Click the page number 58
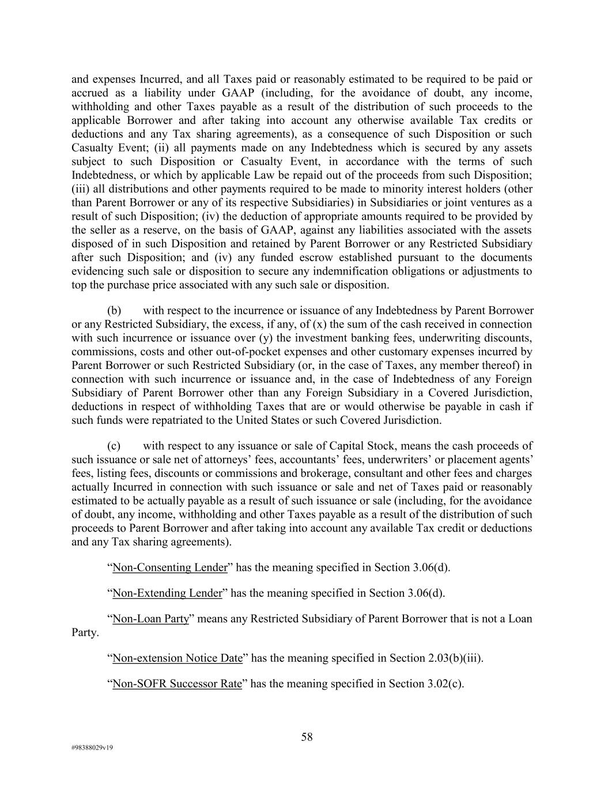pyautogui.click(x=307, y=737)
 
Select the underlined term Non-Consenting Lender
pyautogui.click(x=170, y=567)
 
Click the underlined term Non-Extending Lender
pyautogui.click(x=167, y=593)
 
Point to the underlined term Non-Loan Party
pyautogui.click(x=151, y=619)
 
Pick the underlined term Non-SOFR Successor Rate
pyautogui.click(x=177, y=684)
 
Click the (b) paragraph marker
pyautogui.click(x=114, y=311)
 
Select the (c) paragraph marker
pyautogui.click(x=114, y=446)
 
